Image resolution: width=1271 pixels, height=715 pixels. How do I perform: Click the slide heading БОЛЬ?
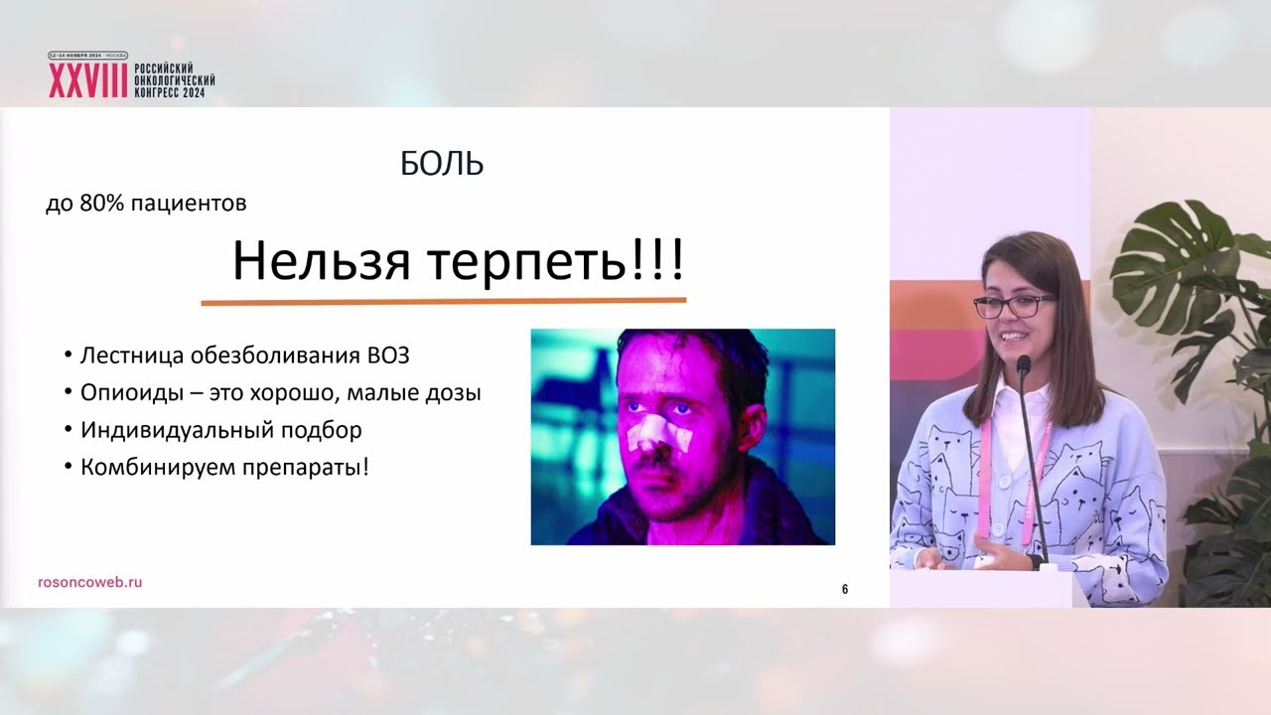(442, 165)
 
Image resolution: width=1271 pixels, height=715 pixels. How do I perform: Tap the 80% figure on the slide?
(89, 205)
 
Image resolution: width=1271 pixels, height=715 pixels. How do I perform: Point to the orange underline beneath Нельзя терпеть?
(443, 300)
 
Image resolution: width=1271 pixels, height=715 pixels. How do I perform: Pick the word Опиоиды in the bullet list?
(121, 393)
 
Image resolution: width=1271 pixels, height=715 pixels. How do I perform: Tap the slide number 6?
(845, 590)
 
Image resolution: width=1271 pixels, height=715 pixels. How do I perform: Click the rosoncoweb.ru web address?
(88, 583)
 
